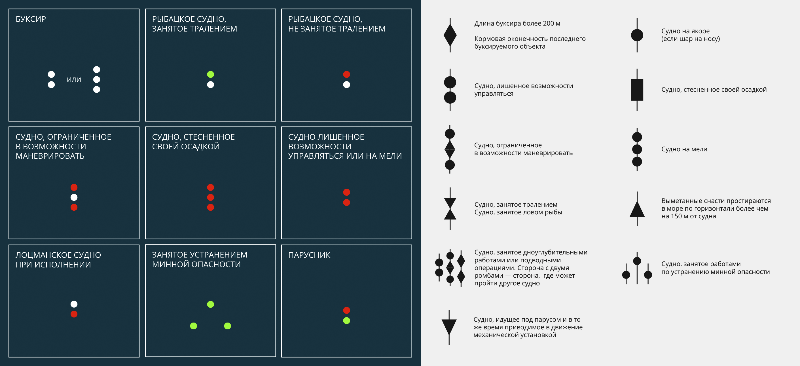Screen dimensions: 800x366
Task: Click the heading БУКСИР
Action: coord(31,19)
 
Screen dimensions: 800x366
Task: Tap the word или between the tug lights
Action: coord(74,79)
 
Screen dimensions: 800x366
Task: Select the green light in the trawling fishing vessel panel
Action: coord(211,74)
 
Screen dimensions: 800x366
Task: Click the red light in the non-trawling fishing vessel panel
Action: coord(347,74)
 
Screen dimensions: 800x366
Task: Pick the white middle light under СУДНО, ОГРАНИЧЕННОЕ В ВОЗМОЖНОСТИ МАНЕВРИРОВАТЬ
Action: coord(74,197)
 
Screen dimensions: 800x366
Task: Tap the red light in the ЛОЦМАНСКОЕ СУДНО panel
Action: coord(74,314)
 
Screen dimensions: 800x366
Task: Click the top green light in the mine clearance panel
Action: coord(211,304)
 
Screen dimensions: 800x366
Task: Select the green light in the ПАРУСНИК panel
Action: coord(347,320)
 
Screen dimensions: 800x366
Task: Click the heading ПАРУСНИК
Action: coord(309,255)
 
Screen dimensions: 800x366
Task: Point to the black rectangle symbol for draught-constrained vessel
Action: coord(637,90)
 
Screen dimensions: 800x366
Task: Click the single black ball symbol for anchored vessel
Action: coord(637,35)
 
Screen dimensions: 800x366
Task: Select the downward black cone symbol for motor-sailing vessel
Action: coord(449,327)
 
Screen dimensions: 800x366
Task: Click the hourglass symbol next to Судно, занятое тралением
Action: coord(450,209)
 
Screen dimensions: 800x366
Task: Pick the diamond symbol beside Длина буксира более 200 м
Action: coord(450,35)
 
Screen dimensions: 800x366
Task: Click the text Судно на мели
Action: coord(684,149)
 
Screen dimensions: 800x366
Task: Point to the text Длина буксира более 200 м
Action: coord(517,23)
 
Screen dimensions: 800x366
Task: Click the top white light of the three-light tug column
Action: coord(97,69)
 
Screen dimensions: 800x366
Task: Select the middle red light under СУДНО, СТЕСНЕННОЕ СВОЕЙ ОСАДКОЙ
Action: coord(211,197)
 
